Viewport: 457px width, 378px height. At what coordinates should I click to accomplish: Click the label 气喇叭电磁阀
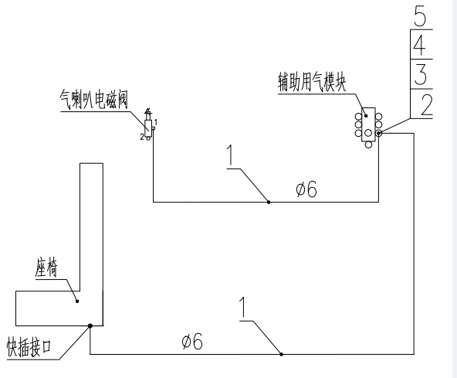[x=94, y=100]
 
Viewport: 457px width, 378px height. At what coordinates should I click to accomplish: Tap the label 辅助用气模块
[x=312, y=82]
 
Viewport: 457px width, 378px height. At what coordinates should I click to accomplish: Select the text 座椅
[x=46, y=267]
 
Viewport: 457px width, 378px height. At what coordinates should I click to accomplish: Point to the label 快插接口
[x=29, y=347]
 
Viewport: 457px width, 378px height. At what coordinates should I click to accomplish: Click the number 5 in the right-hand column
[x=420, y=17]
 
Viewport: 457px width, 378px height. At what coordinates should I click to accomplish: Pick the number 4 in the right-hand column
[x=420, y=46]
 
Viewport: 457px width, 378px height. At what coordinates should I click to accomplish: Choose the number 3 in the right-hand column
[x=420, y=75]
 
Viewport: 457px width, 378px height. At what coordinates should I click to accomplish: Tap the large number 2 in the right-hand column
[x=426, y=105]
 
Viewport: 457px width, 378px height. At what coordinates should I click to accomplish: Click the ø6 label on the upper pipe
[x=306, y=189]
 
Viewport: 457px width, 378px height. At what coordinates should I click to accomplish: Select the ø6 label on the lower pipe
[x=192, y=341]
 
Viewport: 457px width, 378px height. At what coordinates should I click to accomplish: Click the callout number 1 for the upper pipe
[x=231, y=155]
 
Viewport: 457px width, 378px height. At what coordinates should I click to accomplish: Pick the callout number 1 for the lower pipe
[x=242, y=308]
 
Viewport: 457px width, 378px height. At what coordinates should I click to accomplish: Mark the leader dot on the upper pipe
[x=269, y=202]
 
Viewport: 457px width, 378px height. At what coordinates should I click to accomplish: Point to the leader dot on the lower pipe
[x=282, y=354]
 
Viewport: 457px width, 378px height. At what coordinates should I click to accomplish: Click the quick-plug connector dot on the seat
[x=90, y=325]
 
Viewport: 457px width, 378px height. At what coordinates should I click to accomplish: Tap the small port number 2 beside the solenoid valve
[x=142, y=137]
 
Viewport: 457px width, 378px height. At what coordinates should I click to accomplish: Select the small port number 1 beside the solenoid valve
[x=156, y=121]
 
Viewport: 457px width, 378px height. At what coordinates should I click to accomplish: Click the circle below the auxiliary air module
[x=369, y=145]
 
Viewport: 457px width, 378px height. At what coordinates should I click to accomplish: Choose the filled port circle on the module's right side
[x=379, y=134]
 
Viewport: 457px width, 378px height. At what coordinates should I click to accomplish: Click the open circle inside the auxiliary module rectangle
[x=368, y=133]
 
